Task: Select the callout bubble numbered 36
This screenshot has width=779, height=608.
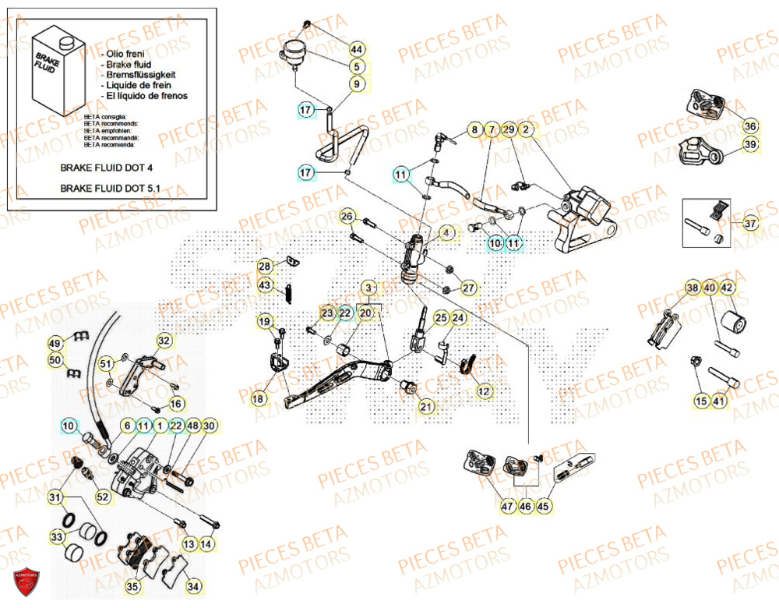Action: point(749,126)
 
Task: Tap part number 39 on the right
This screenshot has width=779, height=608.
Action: point(749,144)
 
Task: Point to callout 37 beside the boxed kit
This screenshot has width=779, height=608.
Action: point(749,224)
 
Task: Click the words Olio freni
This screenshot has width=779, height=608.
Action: point(125,51)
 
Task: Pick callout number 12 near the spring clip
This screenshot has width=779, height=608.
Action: point(484,391)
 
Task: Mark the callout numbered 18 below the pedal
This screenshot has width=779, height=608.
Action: point(259,398)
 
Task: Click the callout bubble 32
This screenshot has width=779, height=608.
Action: point(164,341)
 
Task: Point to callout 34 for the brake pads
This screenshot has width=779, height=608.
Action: point(192,585)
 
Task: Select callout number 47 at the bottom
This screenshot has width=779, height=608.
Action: point(507,507)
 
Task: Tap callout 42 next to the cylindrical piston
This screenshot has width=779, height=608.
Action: point(726,288)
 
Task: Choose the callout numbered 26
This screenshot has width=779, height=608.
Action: point(347,216)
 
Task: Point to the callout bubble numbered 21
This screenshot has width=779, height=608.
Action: point(425,407)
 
